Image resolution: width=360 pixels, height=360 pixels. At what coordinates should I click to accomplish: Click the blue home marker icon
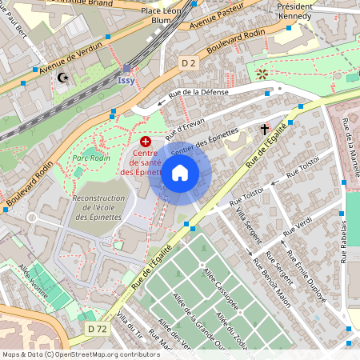[x=180, y=172]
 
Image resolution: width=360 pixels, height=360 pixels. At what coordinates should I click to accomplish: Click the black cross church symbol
[x=264, y=128]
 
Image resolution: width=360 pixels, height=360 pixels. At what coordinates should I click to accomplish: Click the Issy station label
[x=126, y=81]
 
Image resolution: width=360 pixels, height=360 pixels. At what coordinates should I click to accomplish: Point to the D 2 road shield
[x=189, y=62]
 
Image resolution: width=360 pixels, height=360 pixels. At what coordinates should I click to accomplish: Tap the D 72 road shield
[x=98, y=328]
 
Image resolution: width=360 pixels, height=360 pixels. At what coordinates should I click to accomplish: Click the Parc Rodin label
[x=91, y=158]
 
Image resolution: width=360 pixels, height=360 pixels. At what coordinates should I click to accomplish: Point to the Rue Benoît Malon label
[x=271, y=272]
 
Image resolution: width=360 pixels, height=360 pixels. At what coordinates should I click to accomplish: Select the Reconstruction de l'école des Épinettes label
[x=99, y=207]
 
